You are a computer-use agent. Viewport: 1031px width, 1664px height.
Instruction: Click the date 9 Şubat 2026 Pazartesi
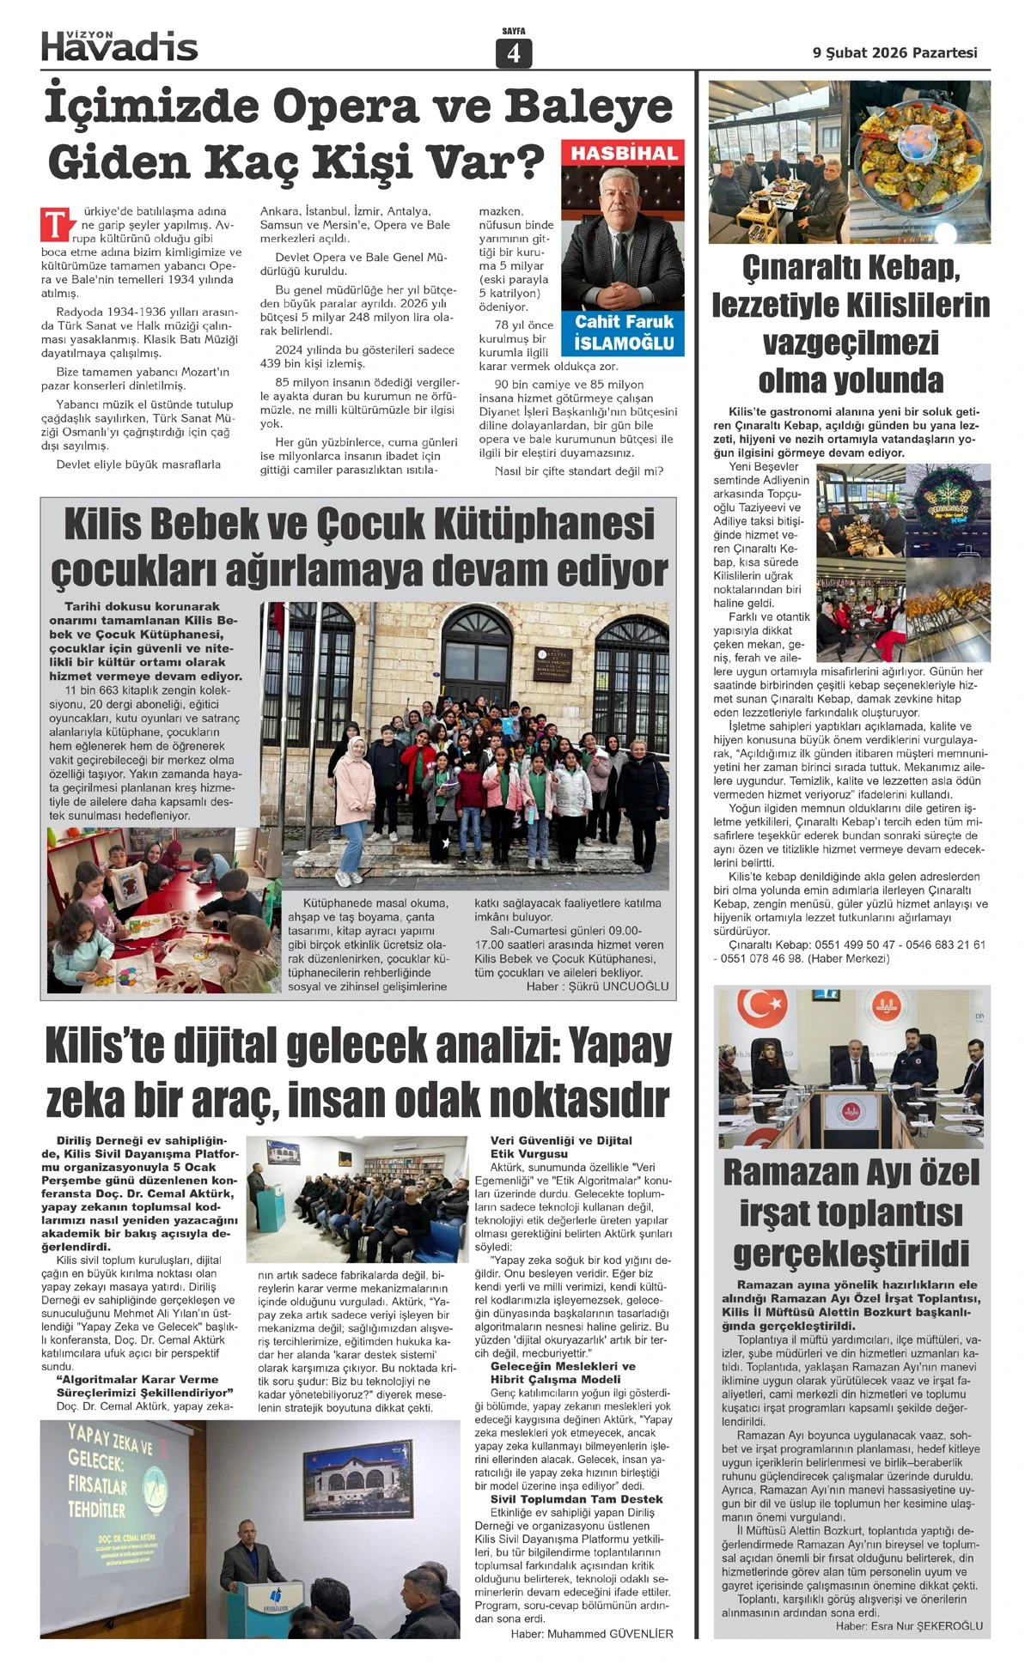[x=894, y=52]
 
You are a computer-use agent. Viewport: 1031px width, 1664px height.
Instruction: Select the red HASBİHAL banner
[x=624, y=153]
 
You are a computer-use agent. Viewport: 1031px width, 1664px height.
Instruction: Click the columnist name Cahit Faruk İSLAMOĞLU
[x=624, y=332]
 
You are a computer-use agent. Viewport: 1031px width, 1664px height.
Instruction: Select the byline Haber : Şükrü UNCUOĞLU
[x=597, y=986]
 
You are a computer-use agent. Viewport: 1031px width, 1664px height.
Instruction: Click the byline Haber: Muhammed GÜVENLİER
[x=592, y=1633]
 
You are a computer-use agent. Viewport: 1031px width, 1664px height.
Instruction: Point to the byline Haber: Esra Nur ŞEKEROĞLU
[x=909, y=1625]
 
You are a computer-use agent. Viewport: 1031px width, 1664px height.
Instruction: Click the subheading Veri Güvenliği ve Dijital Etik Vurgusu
[x=560, y=1147]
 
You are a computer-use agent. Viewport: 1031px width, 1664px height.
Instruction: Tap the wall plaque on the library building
[x=552, y=664]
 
